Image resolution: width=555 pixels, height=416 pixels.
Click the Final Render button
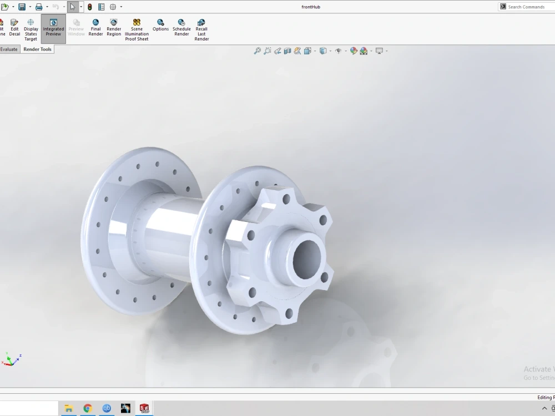click(x=95, y=28)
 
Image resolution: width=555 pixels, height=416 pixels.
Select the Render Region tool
click(x=114, y=28)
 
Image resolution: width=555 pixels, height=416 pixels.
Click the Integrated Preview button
click(x=53, y=28)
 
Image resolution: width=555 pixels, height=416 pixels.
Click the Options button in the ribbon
click(x=160, y=26)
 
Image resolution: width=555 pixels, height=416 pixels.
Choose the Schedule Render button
click(x=181, y=28)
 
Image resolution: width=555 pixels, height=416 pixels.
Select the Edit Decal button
click(x=14, y=28)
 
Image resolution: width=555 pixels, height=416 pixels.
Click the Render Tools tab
click(x=37, y=49)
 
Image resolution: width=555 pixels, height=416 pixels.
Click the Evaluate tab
click(x=9, y=49)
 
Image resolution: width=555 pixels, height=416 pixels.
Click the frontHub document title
click(x=311, y=7)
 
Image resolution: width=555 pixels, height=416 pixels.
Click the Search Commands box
click(x=527, y=7)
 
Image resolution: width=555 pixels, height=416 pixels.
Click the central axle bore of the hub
click(x=306, y=258)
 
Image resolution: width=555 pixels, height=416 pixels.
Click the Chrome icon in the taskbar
click(x=87, y=409)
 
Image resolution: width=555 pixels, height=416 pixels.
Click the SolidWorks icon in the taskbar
click(x=144, y=409)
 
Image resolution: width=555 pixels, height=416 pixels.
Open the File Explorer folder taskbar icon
click(x=68, y=409)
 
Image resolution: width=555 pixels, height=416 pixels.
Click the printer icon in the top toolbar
click(x=38, y=7)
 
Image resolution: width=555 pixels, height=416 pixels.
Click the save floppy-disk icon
click(x=22, y=7)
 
